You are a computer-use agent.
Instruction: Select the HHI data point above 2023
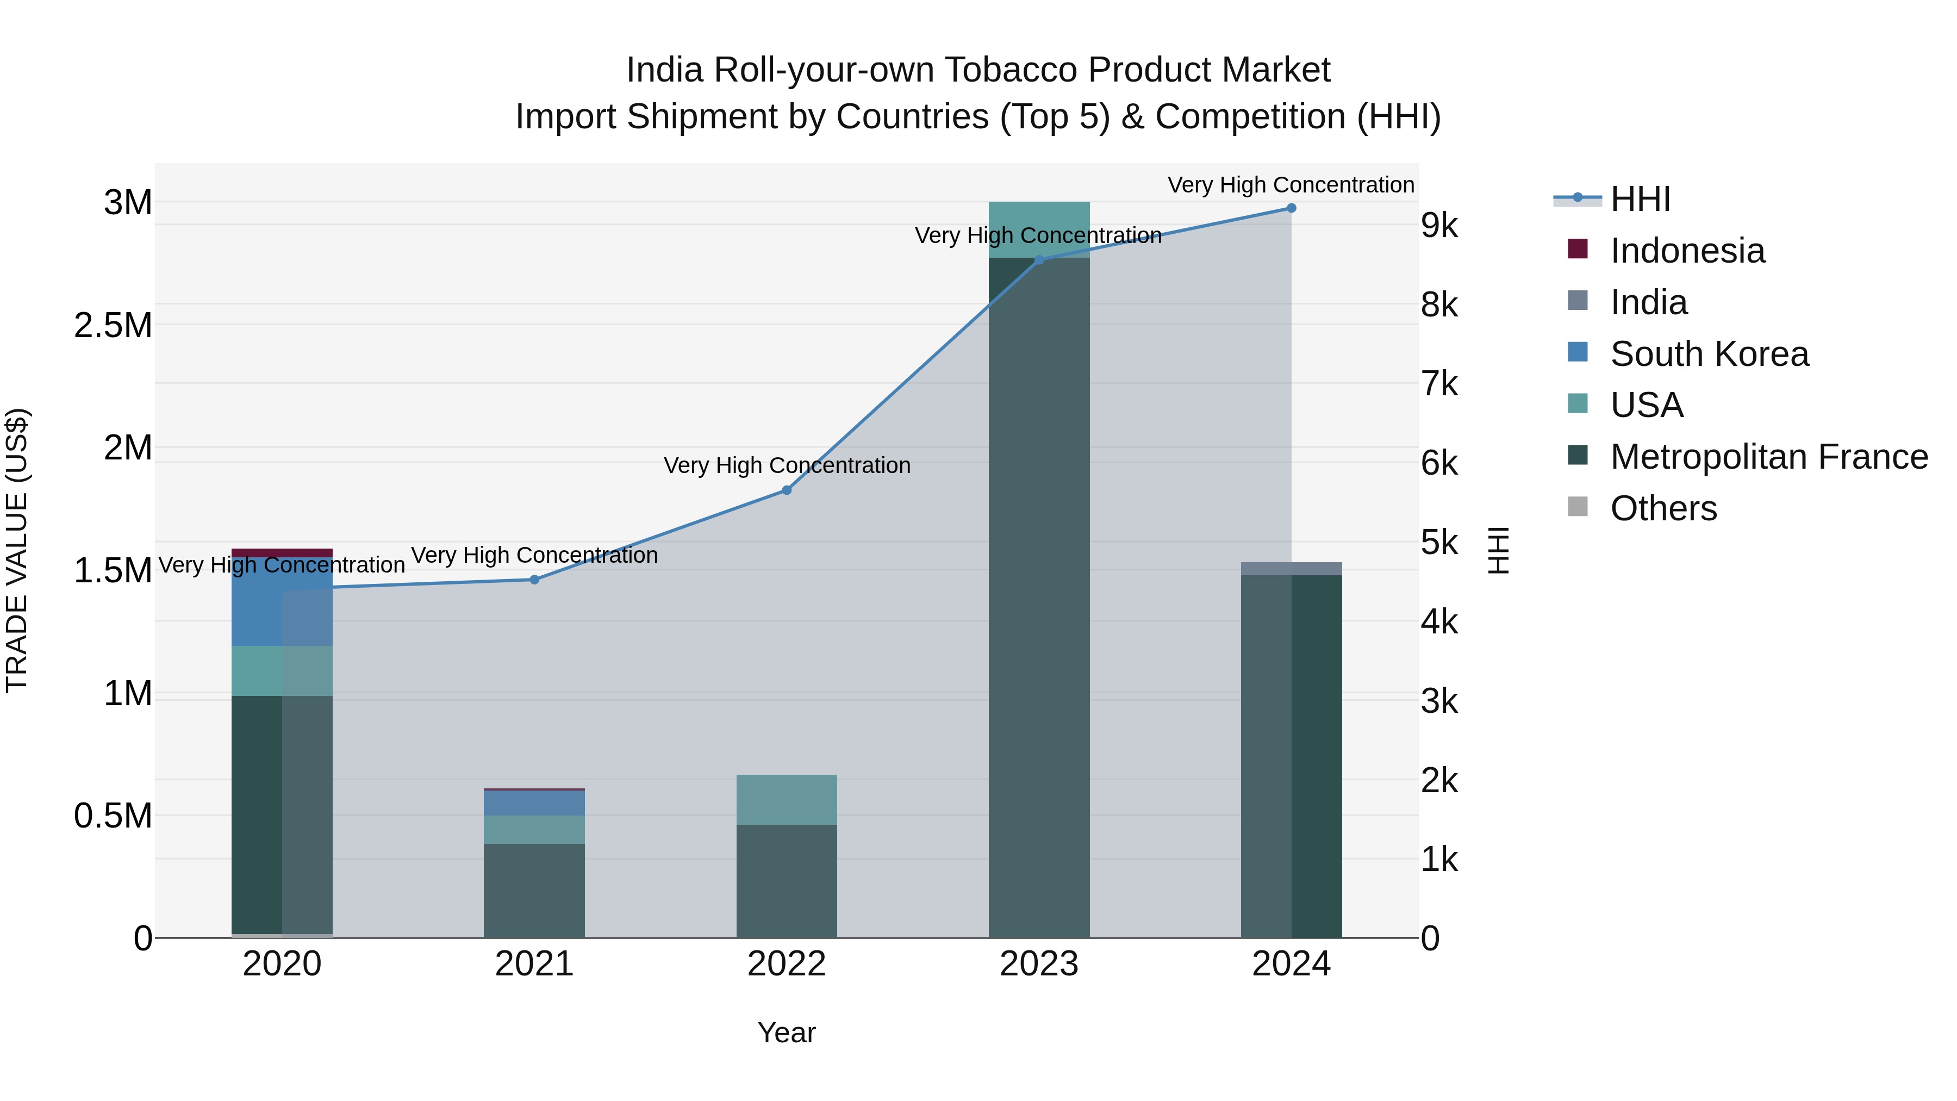(1039, 260)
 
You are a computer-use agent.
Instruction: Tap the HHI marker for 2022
(787, 490)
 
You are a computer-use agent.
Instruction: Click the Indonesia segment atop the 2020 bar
(282, 552)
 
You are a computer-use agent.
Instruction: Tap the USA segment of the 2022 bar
(787, 799)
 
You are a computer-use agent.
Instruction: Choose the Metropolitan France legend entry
(1768, 457)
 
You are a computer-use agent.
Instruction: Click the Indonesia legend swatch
(1578, 249)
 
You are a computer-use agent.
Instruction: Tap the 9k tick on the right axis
(1439, 226)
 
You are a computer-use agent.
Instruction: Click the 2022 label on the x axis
(787, 964)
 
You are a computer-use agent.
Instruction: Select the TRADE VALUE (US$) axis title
(17, 550)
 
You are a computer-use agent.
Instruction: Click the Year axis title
(787, 1032)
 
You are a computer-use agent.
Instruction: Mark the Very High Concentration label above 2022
(787, 465)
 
